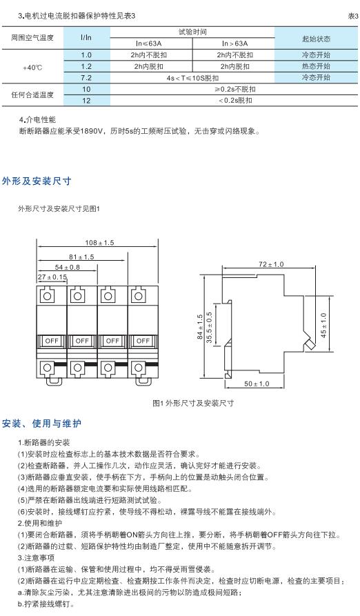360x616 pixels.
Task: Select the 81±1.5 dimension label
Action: [81, 257]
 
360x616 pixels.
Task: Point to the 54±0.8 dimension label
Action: [67, 266]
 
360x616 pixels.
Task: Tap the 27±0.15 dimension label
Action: [52, 277]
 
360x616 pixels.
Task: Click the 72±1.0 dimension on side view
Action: [270, 264]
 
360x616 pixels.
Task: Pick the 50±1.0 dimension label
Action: [256, 383]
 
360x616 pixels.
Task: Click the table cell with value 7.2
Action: [86, 78]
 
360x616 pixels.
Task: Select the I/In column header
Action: [86, 37]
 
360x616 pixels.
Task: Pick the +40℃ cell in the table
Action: [34, 66]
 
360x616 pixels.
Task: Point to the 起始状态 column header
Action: [316, 37]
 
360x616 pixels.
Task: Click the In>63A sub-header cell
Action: [234, 43]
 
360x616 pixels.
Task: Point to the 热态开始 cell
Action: [316, 66]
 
